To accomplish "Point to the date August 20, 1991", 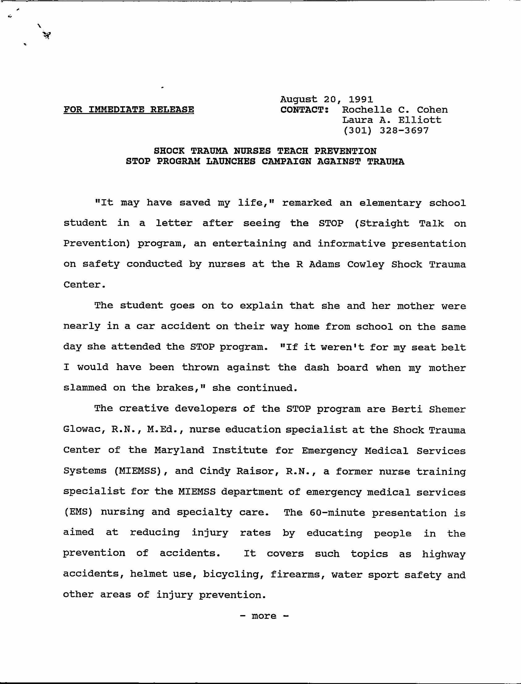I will (x=326, y=99).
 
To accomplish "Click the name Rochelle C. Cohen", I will (x=395, y=110).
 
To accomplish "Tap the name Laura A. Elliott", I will (x=391, y=120).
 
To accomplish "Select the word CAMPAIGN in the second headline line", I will (x=286, y=161).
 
